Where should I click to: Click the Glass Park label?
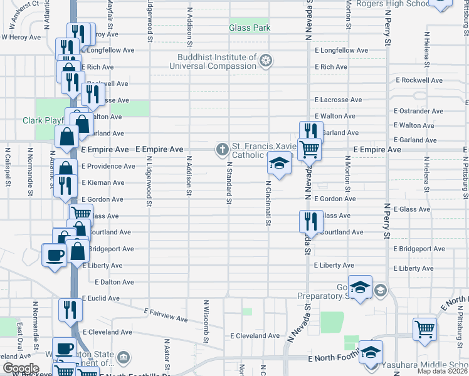(x=250, y=28)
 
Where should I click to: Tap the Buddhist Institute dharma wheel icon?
(x=266, y=61)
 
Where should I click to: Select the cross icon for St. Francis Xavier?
(x=221, y=149)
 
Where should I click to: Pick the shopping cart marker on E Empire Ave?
(x=308, y=150)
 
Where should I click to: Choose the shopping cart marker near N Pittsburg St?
(x=424, y=328)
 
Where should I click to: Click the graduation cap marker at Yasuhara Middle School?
(x=371, y=352)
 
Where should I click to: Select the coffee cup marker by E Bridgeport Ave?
(x=53, y=254)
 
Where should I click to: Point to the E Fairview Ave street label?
(x=166, y=315)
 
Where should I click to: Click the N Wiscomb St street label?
(x=205, y=321)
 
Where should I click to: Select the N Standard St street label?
(x=229, y=182)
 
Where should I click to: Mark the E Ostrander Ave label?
(x=418, y=111)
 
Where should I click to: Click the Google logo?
(x=20, y=368)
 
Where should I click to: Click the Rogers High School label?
(x=392, y=4)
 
